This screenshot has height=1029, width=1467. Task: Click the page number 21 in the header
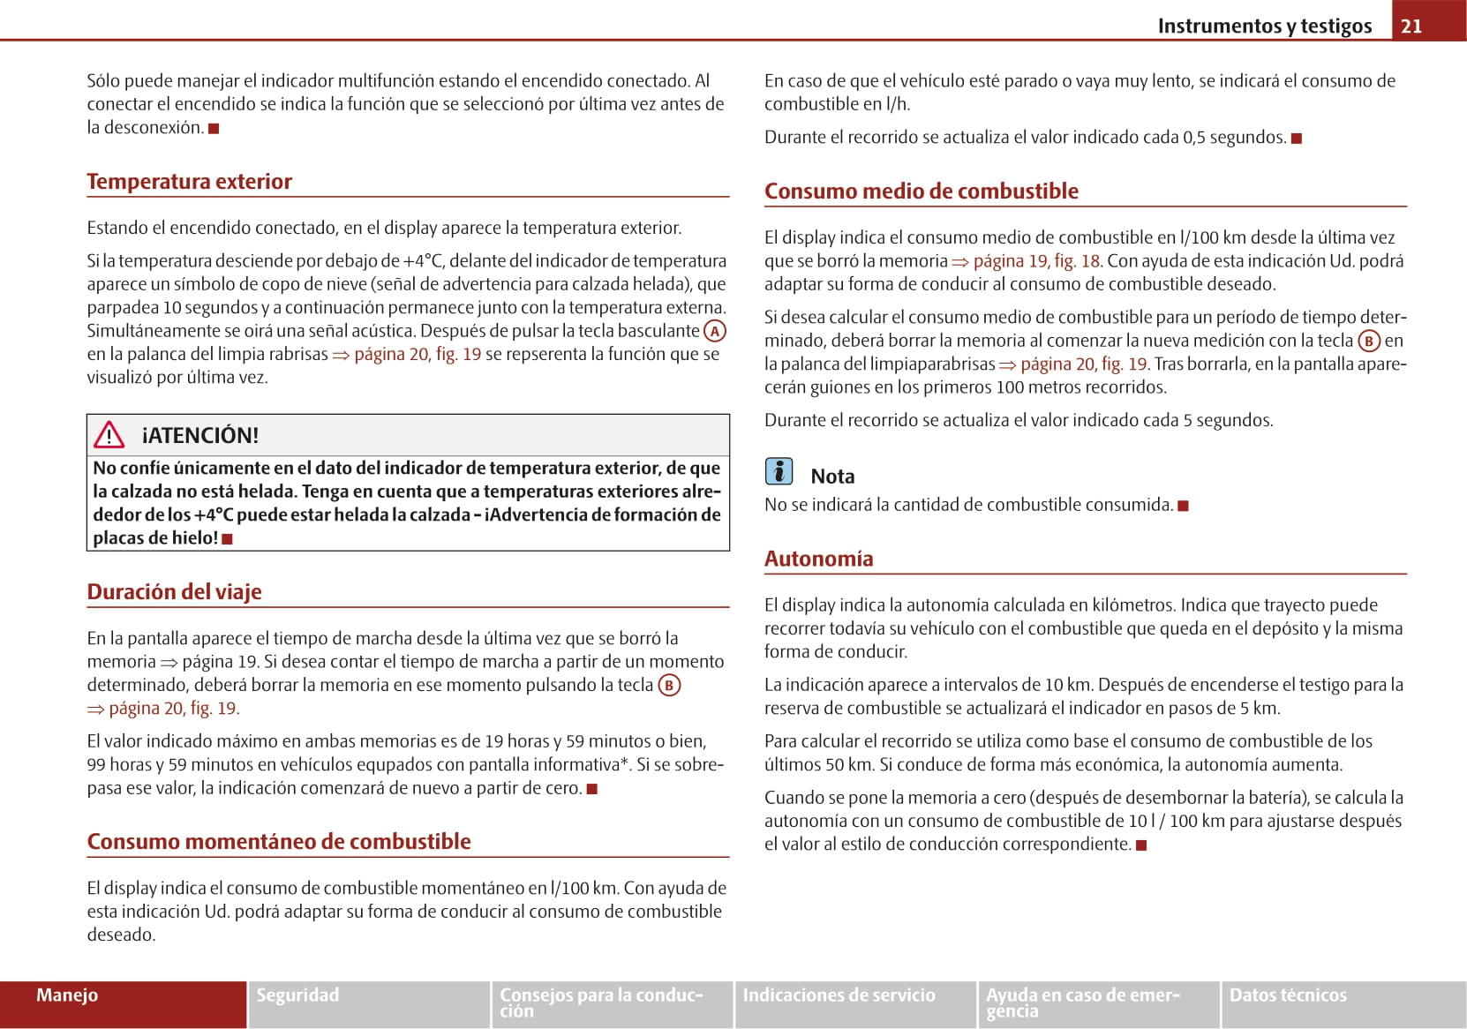1411,26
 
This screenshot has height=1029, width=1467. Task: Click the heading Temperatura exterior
189,182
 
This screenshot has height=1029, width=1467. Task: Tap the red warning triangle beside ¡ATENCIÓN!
109,434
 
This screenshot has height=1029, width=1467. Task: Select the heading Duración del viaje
174,592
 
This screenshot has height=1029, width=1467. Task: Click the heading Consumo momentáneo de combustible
279,842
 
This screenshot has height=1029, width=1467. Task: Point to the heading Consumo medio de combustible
921,192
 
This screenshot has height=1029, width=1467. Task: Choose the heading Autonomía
818,559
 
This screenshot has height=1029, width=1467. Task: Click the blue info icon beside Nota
779,472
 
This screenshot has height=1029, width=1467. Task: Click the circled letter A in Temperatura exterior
715,332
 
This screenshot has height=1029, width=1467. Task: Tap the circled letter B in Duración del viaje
669,686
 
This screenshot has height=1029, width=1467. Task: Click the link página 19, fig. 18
1036,261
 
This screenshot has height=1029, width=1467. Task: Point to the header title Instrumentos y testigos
1264,26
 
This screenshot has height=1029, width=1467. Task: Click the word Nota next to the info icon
832,477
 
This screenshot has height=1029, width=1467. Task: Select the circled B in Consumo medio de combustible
1369,342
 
